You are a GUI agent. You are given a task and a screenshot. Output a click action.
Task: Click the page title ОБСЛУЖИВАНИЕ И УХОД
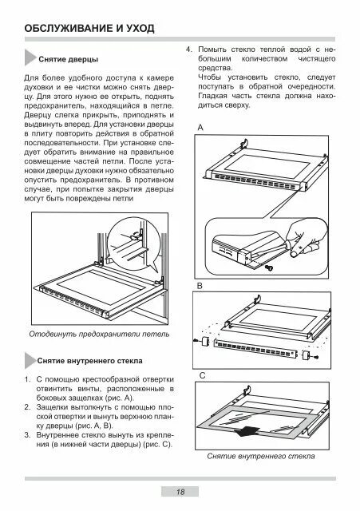[x=89, y=29]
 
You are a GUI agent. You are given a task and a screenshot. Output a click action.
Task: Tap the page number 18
[x=180, y=492]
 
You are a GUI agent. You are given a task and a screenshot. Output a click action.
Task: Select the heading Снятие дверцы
[x=69, y=59]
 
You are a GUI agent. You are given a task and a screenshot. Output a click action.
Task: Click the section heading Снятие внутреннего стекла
[x=90, y=361]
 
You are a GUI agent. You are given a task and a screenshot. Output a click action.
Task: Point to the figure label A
[x=200, y=128]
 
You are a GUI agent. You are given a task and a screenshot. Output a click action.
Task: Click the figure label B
[x=200, y=286]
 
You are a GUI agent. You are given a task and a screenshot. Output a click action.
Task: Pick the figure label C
[x=202, y=376]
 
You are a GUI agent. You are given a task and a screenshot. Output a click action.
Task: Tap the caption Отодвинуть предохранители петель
[x=99, y=334]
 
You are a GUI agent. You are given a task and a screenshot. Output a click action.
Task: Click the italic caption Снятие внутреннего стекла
[x=261, y=456]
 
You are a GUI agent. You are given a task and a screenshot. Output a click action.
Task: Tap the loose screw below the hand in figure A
[x=269, y=267]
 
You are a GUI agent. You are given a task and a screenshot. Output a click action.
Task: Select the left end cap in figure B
[x=205, y=342]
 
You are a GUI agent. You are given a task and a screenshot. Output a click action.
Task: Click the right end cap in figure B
[x=306, y=355]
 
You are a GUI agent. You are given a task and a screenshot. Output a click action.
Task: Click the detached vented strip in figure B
[x=255, y=349]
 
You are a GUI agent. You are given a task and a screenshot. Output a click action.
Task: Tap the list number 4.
[x=188, y=50]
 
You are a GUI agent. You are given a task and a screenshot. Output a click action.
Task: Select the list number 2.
[x=27, y=407]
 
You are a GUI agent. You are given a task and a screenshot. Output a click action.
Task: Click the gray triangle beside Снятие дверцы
[x=30, y=57]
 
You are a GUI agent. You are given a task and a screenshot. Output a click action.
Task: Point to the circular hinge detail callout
[x=134, y=242]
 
